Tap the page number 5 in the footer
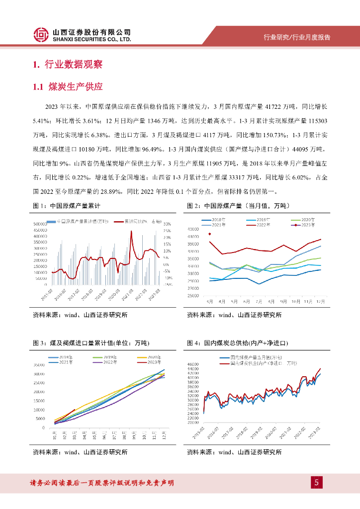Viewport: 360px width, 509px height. tap(316, 482)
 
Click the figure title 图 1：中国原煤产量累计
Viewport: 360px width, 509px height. tap(67, 205)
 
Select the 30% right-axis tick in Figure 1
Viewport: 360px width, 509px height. tap(167, 224)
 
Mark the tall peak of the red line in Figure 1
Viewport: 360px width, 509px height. tap(132, 233)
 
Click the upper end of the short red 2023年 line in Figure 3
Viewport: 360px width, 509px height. tap(75, 410)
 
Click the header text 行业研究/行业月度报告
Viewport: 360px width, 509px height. tap(297, 38)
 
